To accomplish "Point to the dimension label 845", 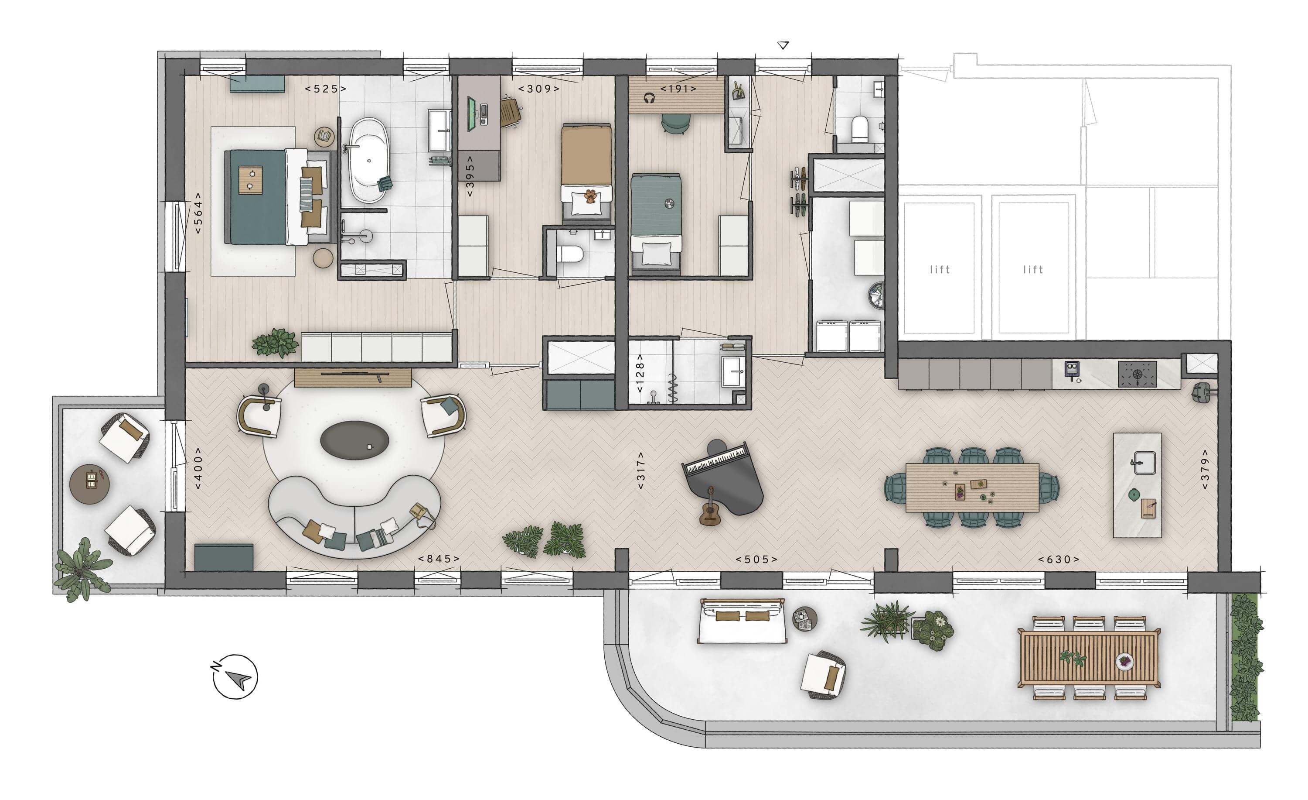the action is (439, 559).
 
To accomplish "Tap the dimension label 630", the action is (1059, 560).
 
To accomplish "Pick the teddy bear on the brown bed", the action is (590, 196).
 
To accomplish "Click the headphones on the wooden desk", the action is (649, 98).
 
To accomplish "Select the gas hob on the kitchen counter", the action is (1137, 374).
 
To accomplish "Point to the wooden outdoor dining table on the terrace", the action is (1089, 657).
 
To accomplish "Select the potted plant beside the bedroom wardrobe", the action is (276, 342).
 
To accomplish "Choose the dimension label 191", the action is (678, 89).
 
